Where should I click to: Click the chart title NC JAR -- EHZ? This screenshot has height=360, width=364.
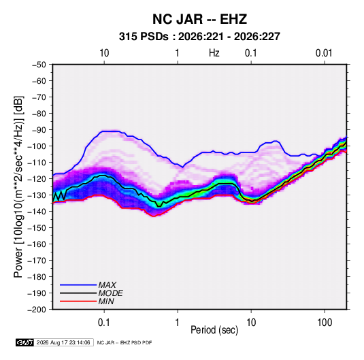click(199, 19)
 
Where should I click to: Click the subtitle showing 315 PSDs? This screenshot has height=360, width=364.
click(199, 37)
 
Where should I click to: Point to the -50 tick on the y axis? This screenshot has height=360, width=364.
click(39, 65)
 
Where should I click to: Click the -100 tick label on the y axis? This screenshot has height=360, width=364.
click(37, 146)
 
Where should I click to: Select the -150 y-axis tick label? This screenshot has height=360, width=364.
click(37, 228)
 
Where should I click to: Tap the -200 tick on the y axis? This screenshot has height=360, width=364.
click(37, 310)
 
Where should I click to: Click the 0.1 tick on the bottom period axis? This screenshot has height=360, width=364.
click(104, 323)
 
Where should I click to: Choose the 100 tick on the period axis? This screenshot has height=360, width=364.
click(325, 323)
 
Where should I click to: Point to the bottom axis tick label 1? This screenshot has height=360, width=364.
click(178, 323)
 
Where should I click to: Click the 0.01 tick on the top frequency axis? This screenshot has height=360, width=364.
click(324, 53)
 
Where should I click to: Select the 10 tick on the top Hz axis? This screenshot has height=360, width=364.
click(104, 53)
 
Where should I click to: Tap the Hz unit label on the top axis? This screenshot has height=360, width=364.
click(214, 53)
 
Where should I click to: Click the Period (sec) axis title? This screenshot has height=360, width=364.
click(214, 330)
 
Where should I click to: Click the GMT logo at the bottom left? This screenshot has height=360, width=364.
click(25, 342)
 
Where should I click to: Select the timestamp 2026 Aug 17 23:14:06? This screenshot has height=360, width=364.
click(63, 342)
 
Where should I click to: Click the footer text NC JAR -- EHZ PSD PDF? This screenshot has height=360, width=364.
click(125, 342)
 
